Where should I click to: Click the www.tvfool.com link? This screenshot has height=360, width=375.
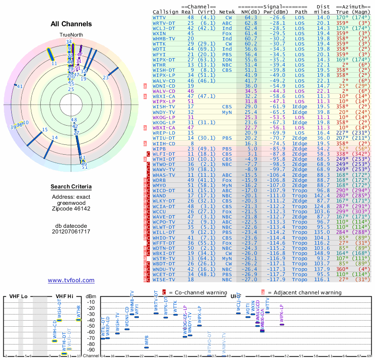tap(71, 280)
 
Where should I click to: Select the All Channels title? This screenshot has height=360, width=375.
tap(71, 24)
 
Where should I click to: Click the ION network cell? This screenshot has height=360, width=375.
tap(227, 60)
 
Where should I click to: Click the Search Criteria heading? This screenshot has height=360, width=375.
tap(71, 187)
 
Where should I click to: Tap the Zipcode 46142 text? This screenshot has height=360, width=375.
tap(71, 209)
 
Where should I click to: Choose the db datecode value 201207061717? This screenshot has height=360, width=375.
tap(71, 232)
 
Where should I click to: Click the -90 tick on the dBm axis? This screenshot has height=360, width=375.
tap(90, 350)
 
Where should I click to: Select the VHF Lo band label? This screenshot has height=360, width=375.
tap(20, 296)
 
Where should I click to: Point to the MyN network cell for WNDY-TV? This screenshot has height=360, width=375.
tap(227, 112)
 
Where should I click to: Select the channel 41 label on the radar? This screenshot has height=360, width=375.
tap(20, 86)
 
